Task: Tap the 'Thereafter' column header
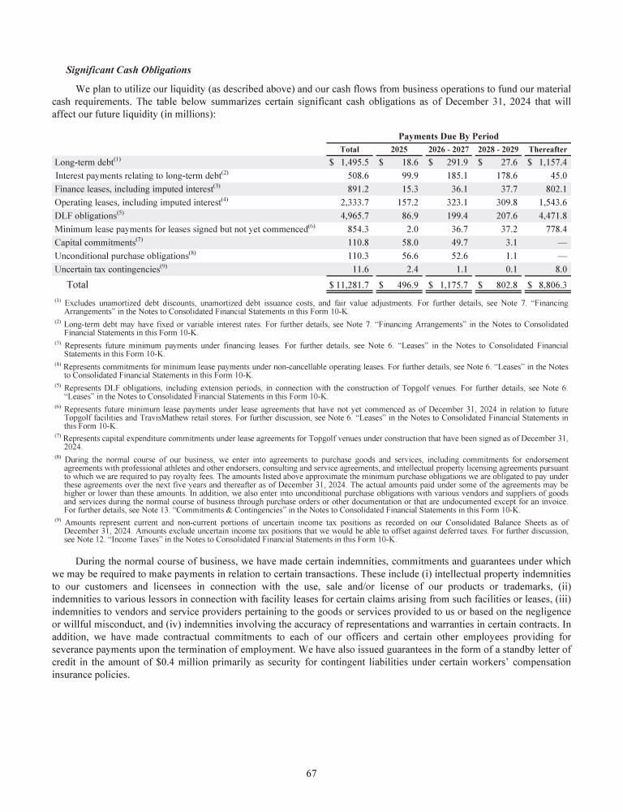(548, 149)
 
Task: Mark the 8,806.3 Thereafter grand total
(550, 286)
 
